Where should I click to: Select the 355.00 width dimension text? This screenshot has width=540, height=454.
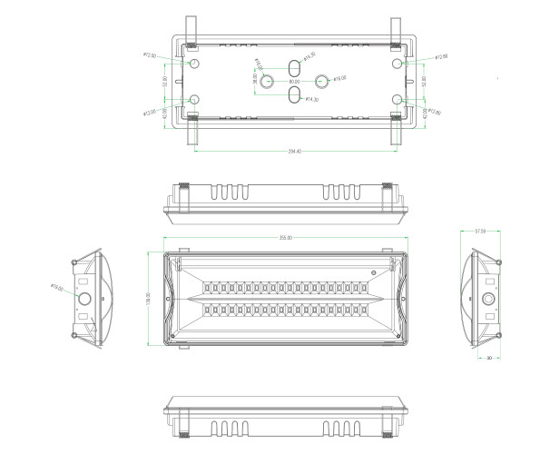point(285,238)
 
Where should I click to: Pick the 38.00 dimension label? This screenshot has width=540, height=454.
point(255,80)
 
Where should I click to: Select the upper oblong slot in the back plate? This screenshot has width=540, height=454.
point(294,69)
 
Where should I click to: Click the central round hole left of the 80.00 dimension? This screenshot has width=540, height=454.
point(268,82)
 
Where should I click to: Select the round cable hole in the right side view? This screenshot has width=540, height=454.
point(488,298)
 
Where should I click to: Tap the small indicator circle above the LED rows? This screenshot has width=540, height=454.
point(371,272)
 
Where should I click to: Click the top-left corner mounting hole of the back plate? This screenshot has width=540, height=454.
point(193,64)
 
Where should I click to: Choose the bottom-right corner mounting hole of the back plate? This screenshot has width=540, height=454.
point(397,100)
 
